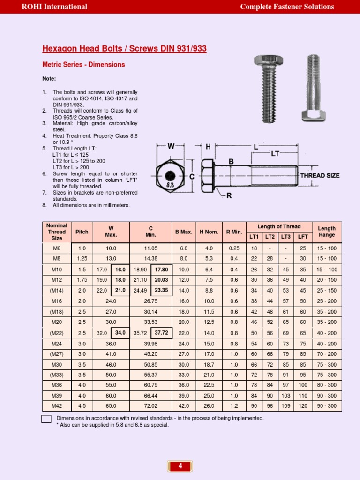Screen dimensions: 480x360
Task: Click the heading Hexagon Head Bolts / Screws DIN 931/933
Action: (x=124, y=49)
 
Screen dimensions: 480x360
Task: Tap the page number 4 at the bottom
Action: (x=180, y=466)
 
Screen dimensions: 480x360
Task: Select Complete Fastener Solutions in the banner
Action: (x=287, y=7)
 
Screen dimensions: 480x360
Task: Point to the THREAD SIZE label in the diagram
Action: (x=320, y=176)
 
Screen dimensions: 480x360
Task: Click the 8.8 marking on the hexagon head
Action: (x=171, y=185)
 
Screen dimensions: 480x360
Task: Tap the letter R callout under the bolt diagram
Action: (x=229, y=195)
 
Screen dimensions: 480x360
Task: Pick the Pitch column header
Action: (x=82, y=232)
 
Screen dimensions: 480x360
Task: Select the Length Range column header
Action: (x=327, y=232)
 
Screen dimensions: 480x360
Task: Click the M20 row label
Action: (x=57, y=322)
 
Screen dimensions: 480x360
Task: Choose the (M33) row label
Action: (x=57, y=375)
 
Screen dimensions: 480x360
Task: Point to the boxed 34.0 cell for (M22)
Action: (x=120, y=333)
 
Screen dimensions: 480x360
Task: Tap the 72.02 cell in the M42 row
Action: (x=151, y=406)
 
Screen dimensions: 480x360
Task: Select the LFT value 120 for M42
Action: (x=303, y=406)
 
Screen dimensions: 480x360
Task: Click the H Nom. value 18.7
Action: (x=209, y=364)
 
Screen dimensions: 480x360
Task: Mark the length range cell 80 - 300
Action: (x=327, y=385)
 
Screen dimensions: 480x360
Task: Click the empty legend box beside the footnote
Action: (x=46, y=419)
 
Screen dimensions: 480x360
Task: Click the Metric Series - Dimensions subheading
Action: (x=83, y=65)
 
